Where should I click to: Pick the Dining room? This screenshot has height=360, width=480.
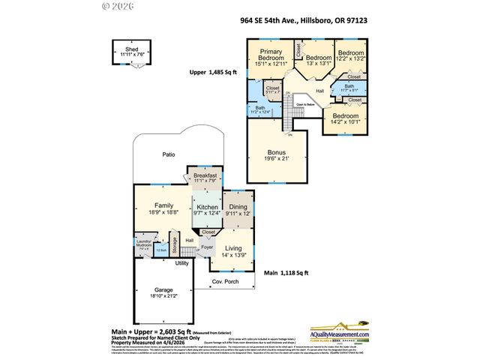click(238, 210)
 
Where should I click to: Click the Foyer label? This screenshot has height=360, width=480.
click(207, 247)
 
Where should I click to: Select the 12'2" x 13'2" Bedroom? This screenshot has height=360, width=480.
click(351, 56)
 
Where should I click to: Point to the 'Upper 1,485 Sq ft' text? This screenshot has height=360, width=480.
click(212, 73)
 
